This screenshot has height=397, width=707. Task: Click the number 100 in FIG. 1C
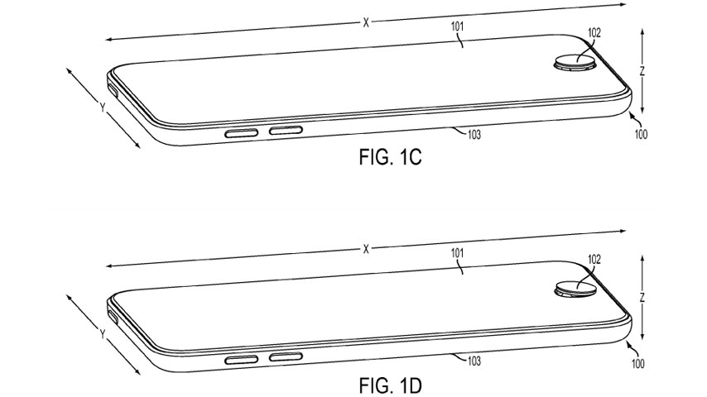[x=642, y=134]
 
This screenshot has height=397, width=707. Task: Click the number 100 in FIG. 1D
[x=642, y=361]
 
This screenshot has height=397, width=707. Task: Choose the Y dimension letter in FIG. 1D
[x=100, y=335]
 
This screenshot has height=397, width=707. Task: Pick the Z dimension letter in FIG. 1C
[x=642, y=72]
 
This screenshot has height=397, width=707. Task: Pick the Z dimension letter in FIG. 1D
[x=642, y=298]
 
